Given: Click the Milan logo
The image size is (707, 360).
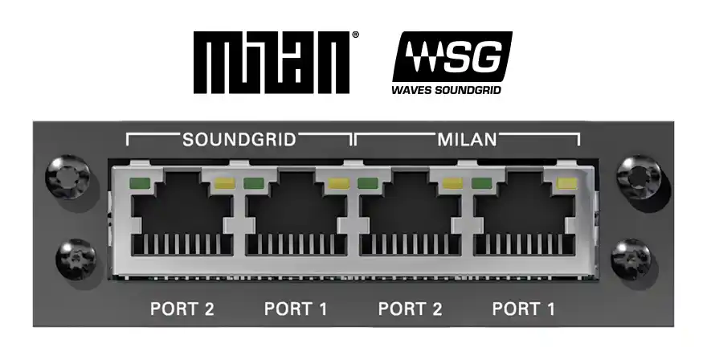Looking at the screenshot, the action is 271,62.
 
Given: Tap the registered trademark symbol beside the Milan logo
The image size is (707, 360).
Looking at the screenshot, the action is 356,36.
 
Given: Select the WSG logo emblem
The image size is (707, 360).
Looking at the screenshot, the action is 452,57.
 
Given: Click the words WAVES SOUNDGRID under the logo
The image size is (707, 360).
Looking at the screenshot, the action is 446,91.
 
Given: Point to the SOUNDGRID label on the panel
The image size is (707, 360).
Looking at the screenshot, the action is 239,139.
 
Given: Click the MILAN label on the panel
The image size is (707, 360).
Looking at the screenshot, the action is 467,139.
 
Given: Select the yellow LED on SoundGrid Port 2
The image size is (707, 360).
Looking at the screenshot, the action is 223,184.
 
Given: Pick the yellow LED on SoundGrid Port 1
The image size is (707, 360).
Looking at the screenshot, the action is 337,184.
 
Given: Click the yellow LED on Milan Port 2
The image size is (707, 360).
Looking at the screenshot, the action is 452,184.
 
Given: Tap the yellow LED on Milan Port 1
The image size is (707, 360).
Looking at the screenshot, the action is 566,184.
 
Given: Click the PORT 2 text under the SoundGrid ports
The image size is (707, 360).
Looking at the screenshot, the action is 182,309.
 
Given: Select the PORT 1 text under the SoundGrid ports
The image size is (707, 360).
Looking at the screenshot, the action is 296,309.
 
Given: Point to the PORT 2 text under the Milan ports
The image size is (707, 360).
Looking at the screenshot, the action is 410,309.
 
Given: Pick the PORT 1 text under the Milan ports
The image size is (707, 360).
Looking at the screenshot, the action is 524,309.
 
